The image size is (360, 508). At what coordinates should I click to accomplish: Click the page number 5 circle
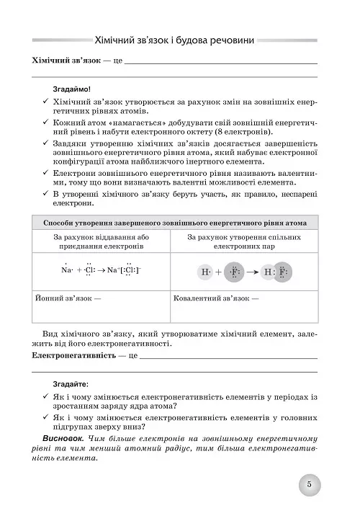tap(308, 485)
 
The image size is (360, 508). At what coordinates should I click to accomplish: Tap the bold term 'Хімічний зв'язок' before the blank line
tap(63, 63)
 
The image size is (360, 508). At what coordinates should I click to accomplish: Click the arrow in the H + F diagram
tap(255, 272)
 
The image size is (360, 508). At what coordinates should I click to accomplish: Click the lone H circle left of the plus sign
tap(206, 272)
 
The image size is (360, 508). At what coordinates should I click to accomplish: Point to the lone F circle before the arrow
tap(235, 272)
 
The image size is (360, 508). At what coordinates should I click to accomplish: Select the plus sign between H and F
tap(219, 272)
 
